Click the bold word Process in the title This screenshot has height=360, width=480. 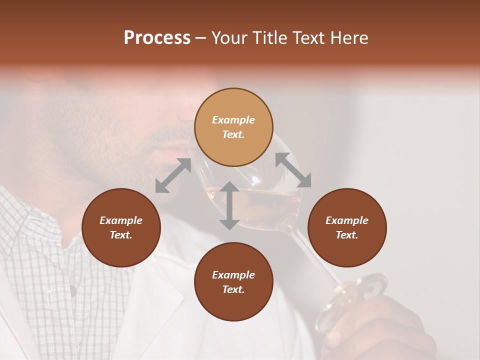tap(157, 38)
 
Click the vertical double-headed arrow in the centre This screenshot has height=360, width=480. tap(229, 205)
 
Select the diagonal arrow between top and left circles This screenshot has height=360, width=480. tap(173, 175)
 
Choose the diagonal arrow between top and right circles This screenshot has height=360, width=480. tap(293, 170)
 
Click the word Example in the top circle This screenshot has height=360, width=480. tap(233, 120)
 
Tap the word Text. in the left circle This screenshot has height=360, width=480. tap(121, 235)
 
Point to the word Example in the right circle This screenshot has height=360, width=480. tap(347, 220)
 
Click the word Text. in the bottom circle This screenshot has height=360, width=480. tap(233, 289)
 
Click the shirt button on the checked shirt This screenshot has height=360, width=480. tap(73, 288)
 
